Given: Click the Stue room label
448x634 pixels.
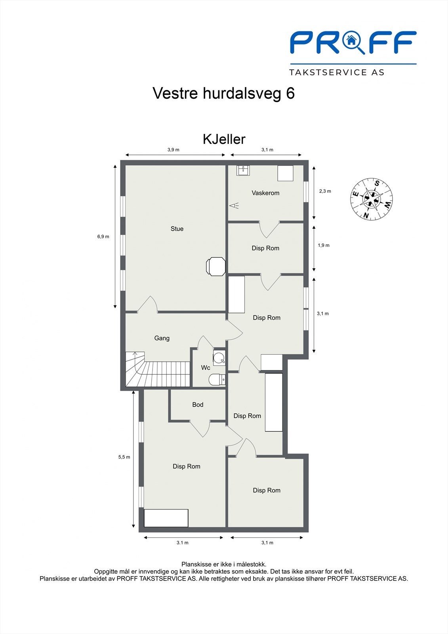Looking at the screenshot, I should pyautogui.click(x=177, y=229).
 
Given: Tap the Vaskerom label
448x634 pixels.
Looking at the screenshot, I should pyautogui.click(x=265, y=193).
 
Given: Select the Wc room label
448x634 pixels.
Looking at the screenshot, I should pyautogui.click(x=206, y=368).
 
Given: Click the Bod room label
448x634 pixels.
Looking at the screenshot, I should pyautogui.click(x=198, y=405).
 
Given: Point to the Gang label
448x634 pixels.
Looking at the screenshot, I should pyautogui.click(x=162, y=338).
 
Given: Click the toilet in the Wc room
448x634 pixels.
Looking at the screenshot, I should pyautogui.click(x=216, y=380).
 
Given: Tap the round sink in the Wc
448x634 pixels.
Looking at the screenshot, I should pyautogui.click(x=219, y=359).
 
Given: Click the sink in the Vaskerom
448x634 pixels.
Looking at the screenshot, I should pyautogui.click(x=243, y=170).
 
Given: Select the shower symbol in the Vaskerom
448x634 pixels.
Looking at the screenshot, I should pyautogui.click(x=234, y=205).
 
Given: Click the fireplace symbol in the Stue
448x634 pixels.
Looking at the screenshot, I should pyautogui.click(x=216, y=266).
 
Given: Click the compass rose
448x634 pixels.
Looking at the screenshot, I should pyautogui.click(x=371, y=199).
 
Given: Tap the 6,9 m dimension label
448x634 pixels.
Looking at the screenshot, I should pyautogui.click(x=103, y=237).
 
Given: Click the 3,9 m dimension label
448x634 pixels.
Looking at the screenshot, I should pyautogui.click(x=173, y=150).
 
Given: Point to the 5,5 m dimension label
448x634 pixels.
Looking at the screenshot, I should pyautogui.click(x=124, y=457).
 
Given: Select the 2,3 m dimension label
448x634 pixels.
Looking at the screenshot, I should pyautogui.click(x=325, y=191).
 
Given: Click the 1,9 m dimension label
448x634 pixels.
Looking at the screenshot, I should pyautogui.click(x=323, y=245).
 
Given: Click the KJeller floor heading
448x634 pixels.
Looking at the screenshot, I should pyautogui.click(x=224, y=139).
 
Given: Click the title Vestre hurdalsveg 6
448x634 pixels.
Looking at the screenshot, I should pyautogui.click(x=223, y=94).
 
